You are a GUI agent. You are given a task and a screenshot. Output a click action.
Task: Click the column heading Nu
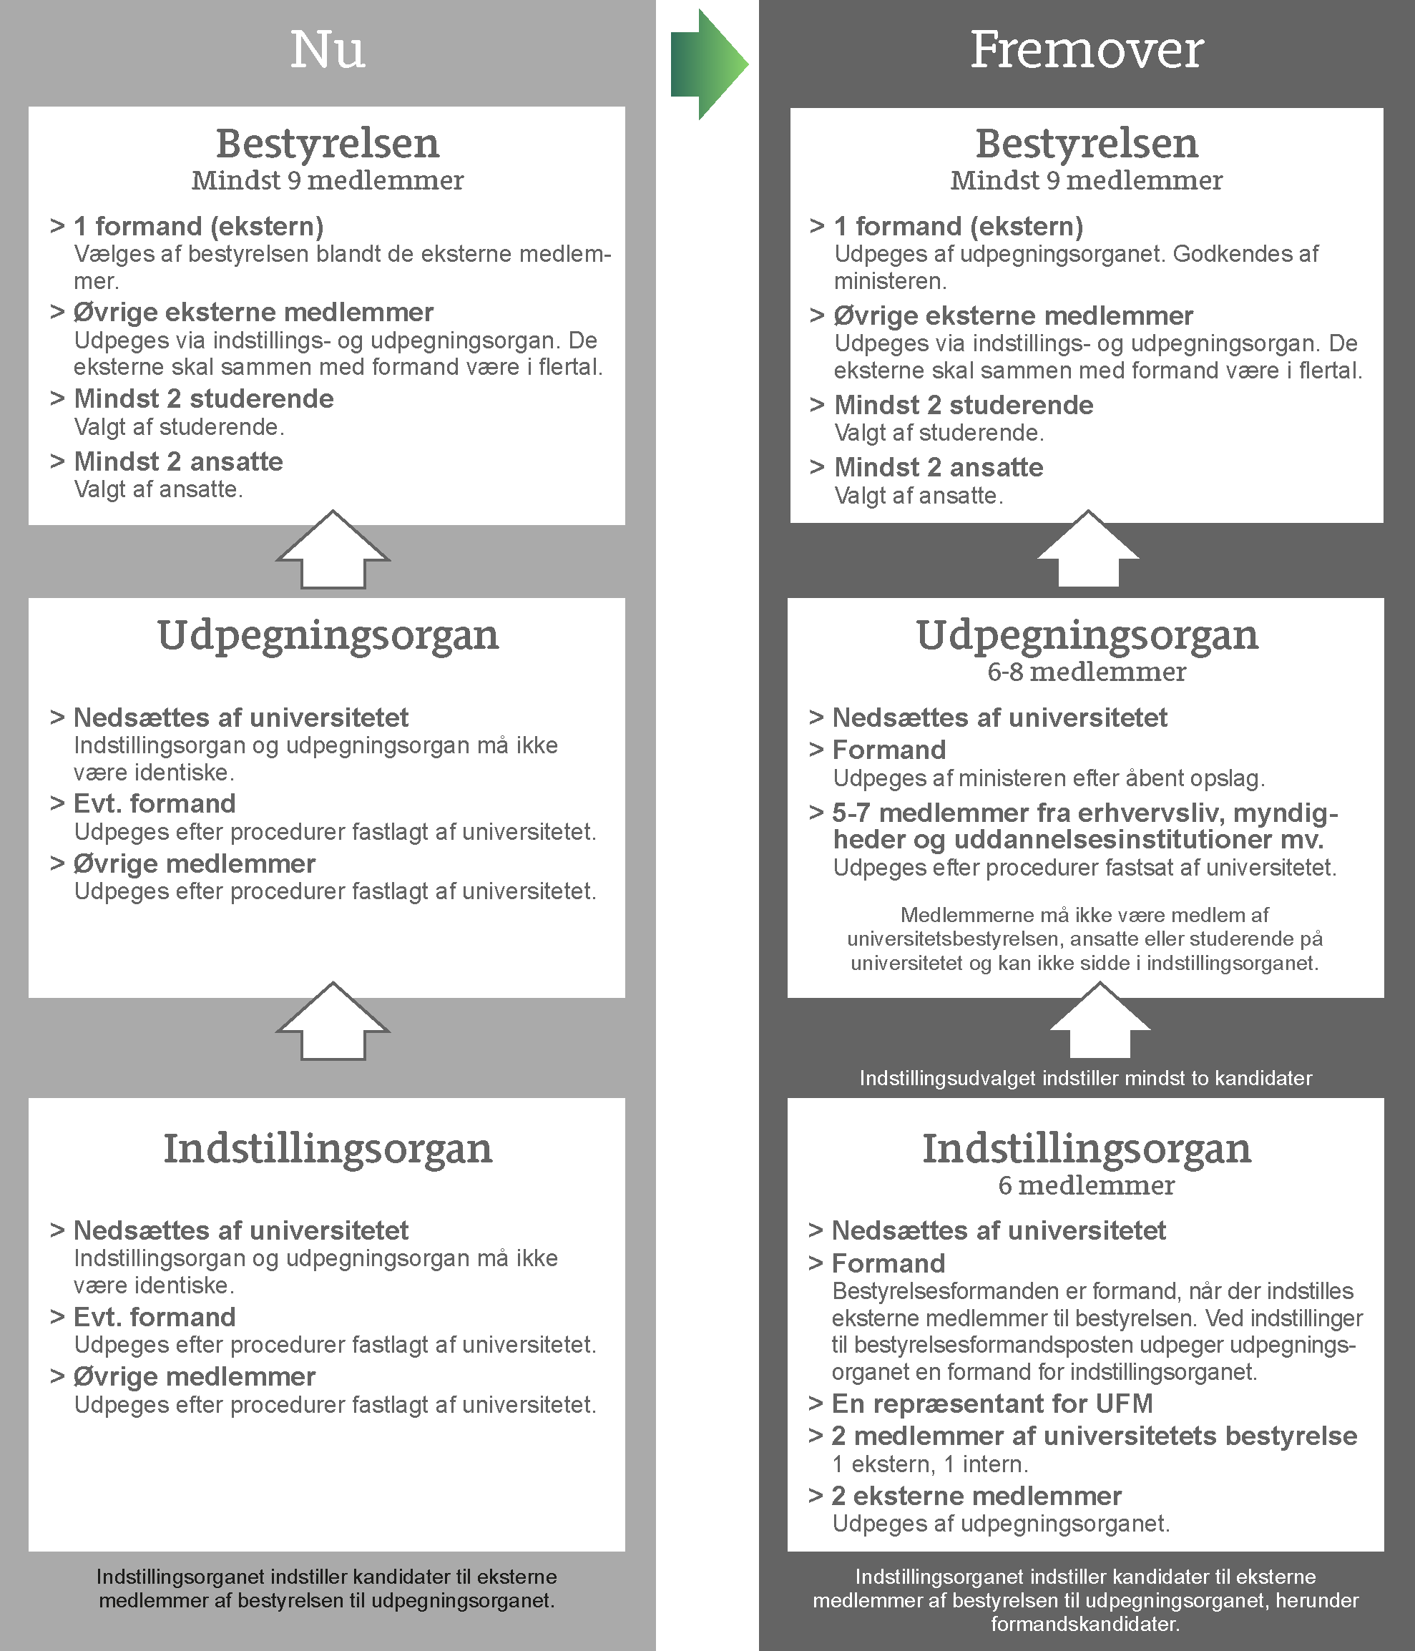pos(328,50)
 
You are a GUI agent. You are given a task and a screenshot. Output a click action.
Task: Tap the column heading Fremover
pos(1086,50)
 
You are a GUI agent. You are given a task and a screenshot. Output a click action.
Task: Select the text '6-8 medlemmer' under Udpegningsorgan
pos(1086,672)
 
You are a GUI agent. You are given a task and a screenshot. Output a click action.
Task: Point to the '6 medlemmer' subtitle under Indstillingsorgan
pos(1086,1185)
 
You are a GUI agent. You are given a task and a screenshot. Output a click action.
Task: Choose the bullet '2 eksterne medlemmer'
pos(975,1496)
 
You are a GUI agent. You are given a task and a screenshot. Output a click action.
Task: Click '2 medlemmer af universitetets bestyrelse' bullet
pos(1093,1435)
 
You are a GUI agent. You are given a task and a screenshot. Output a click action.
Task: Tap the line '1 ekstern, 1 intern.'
pos(930,1464)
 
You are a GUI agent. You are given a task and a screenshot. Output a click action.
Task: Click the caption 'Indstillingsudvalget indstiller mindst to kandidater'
pos(1085,1078)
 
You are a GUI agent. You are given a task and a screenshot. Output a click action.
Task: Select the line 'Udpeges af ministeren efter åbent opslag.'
pos(1049,778)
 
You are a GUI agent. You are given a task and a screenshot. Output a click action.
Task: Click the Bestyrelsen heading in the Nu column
pos(328,144)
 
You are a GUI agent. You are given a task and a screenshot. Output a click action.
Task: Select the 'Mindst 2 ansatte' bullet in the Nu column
pos(177,461)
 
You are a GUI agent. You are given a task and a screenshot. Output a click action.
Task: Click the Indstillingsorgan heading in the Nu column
pos(328,1148)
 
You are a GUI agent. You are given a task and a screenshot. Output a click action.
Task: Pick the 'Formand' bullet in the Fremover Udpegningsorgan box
pos(888,750)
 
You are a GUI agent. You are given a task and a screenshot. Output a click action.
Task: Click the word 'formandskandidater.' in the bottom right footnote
pos(1085,1623)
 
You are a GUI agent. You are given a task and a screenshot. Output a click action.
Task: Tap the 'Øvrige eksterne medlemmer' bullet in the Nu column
pos(253,312)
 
